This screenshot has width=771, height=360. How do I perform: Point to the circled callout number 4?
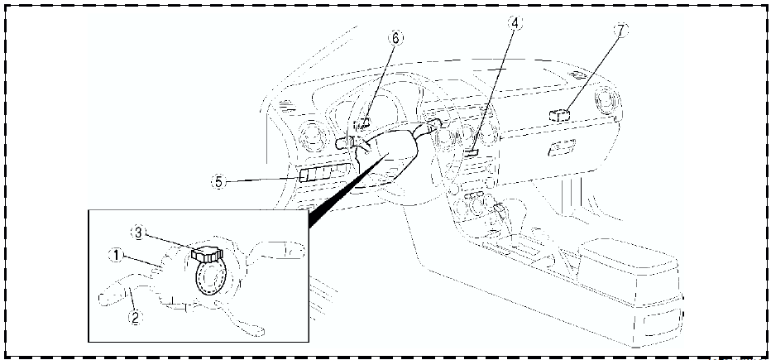515,24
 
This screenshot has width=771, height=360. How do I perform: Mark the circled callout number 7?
620,31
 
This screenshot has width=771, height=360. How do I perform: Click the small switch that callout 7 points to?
560,115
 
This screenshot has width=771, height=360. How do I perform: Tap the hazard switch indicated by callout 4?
472,151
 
